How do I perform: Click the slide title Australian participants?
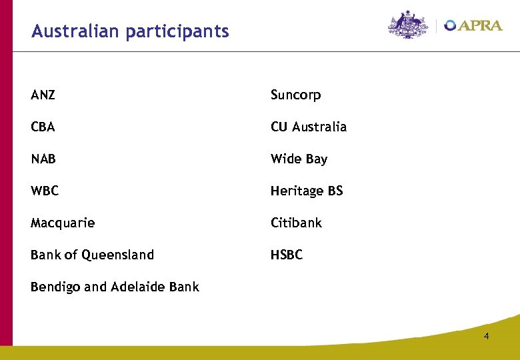(130, 31)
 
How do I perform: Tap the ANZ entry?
(43, 95)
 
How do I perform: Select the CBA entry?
(43, 127)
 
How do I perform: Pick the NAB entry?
(43, 159)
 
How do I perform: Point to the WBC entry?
(45, 191)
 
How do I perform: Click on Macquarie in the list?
(63, 223)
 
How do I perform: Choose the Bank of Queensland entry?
(92, 255)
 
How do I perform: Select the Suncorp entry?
(295, 95)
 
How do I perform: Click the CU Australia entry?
(309, 127)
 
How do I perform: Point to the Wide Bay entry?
(299, 159)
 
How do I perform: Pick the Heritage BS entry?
(307, 191)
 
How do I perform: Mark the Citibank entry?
(296, 223)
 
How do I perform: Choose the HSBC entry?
(287, 255)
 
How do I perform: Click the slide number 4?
(486, 336)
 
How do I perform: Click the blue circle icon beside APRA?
(451, 25)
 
